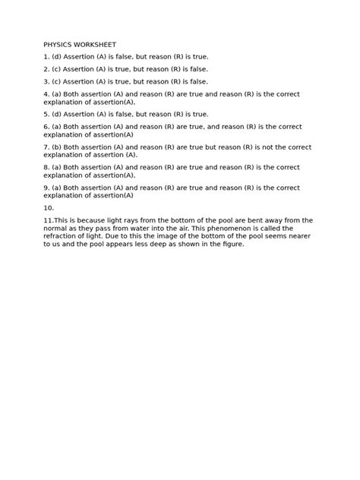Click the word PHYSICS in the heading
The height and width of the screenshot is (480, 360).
(x=58, y=45)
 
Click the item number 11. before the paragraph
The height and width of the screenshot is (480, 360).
(x=49, y=220)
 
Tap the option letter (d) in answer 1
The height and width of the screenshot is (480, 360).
(x=56, y=57)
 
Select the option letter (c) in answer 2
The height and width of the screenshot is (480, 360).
(x=56, y=69)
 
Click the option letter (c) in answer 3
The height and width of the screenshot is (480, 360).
(x=56, y=81)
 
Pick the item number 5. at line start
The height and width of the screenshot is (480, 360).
(x=46, y=114)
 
